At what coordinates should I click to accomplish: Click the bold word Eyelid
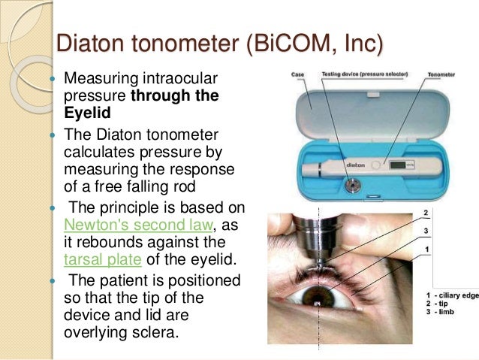tap(86, 112)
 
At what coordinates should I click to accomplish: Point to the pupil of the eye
tap(316, 302)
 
